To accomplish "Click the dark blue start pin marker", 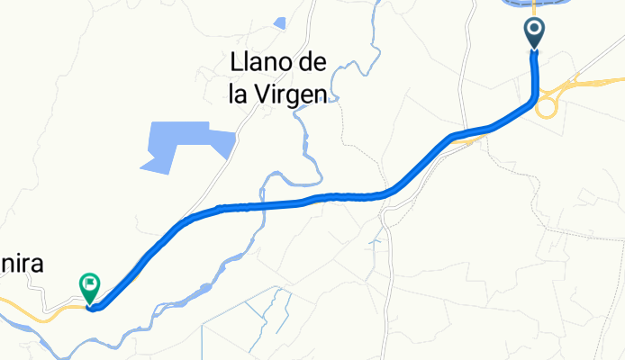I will coord(534,33).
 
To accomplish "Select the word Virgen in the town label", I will coord(295,93).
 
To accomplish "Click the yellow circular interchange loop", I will coord(546,108).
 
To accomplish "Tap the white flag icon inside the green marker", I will coord(90,284).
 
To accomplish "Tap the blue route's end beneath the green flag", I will coord(93,307).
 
